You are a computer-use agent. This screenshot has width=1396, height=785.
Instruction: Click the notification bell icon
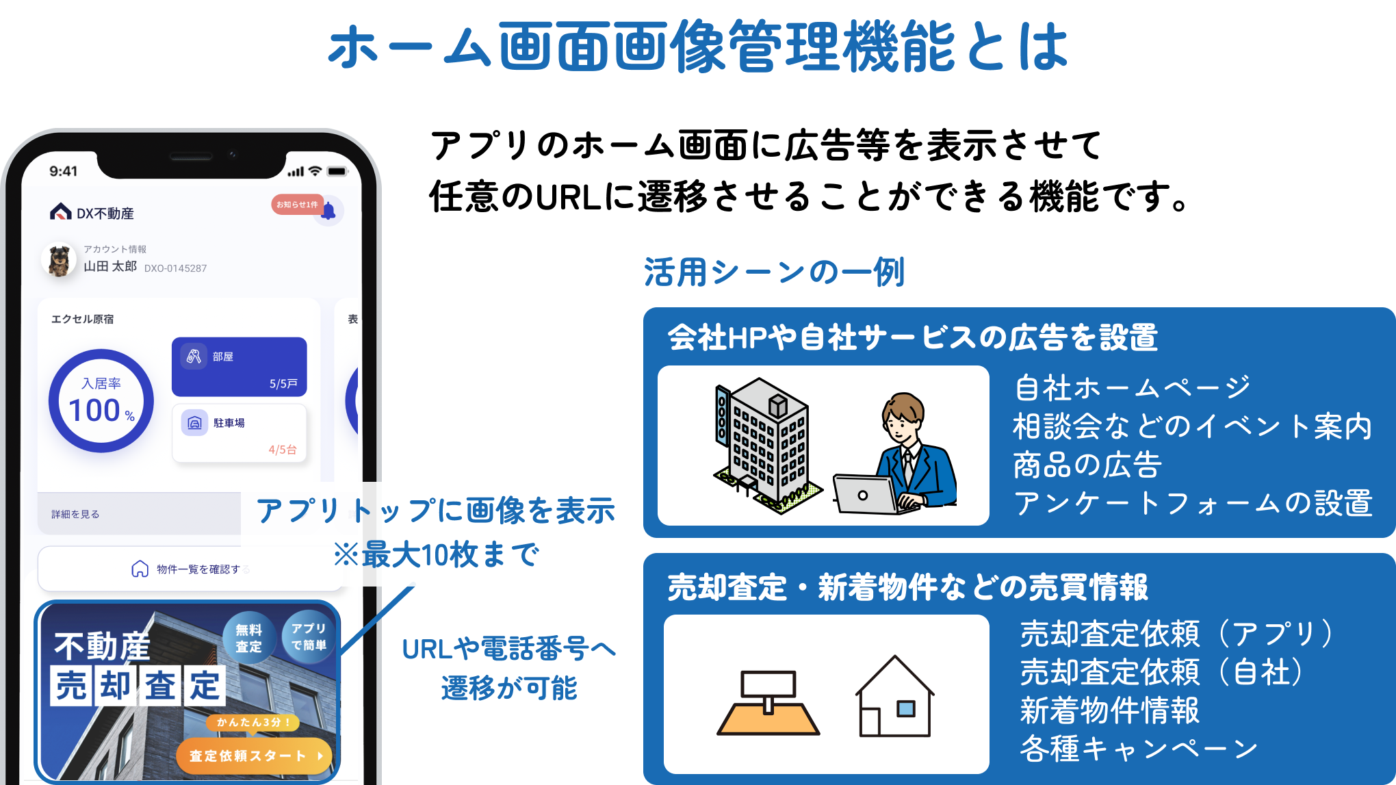pyautogui.click(x=330, y=211)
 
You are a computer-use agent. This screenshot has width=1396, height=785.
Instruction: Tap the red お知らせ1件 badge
pyautogui.click(x=296, y=204)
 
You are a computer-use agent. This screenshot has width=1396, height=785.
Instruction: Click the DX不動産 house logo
pyautogui.click(x=61, y=212)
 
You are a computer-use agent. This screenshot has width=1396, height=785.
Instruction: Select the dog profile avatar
pyautogui.click(x=60, y=260)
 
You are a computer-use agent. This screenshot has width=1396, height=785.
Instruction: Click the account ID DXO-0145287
pyautogui.click(x=175, y=268)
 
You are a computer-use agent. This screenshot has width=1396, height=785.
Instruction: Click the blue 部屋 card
pyautogui.click(x=239, y=367)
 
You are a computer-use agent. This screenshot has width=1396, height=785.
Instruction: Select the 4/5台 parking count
pyautogui.click(x=283, y=450)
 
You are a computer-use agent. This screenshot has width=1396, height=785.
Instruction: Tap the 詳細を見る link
pyautogui.click(x=75, y=514)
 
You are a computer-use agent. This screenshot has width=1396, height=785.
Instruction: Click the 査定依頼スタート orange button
pyautogui.click(x=254, y=756)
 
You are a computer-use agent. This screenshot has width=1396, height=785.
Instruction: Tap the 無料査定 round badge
pyautogui.click(x=248, y=638)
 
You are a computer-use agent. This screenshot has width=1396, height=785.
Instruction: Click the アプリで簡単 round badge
pyautogui.click(x=309, y=636)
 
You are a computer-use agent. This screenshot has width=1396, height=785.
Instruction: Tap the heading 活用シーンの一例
pyautogui.click(x=774, y=272)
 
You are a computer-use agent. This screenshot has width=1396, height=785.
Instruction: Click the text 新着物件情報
pyautogui.click(x=1109, y=710)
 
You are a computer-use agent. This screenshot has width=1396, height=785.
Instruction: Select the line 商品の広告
pyautogui.click(x=1087, y=465)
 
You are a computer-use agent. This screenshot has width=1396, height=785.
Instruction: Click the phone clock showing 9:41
pyautogui.click(x=64, y=171)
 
